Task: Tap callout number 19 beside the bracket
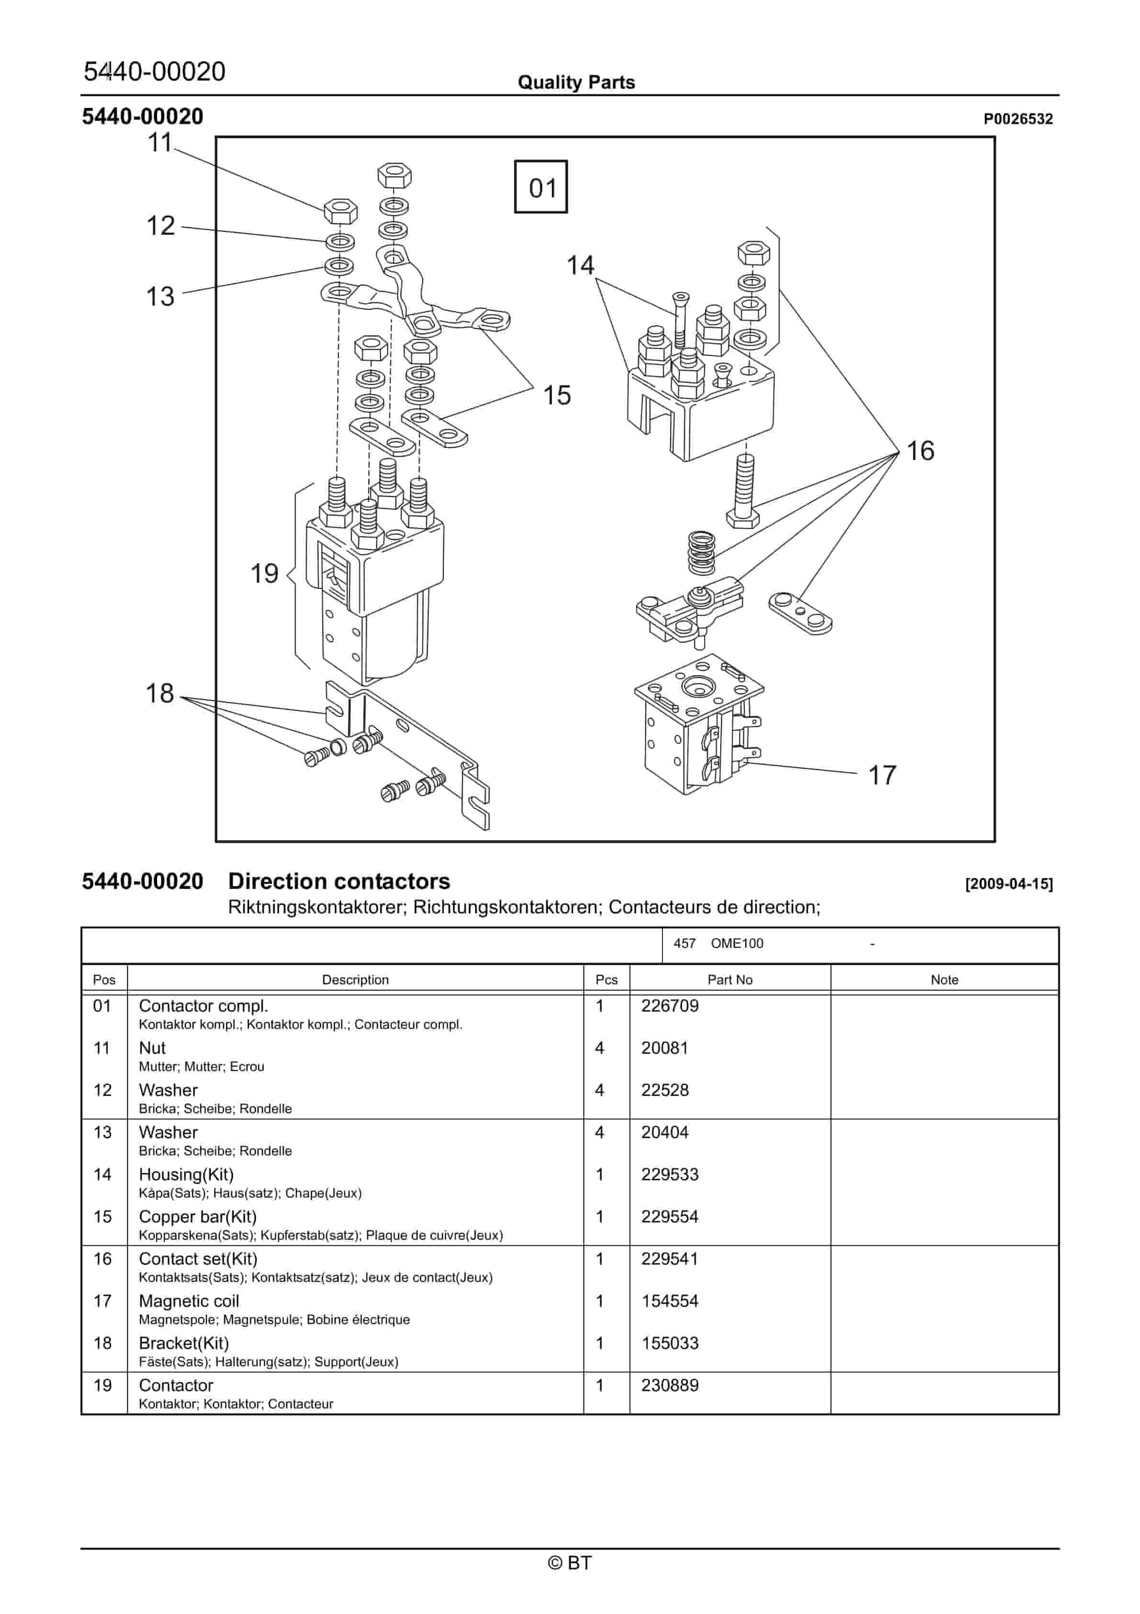(x=264, y=574)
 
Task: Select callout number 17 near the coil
(x=882, y=775)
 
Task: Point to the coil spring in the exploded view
(x=701, y=553)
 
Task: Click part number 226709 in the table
(x=669, y=1005)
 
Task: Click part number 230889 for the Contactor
(x=669, y=1385)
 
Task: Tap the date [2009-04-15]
(x=1009, y=884)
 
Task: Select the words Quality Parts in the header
(x=576, y=82)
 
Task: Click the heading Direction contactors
(x=339, y=881)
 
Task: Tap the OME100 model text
(x=737, y=944)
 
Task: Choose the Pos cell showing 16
(x=103, y=1259)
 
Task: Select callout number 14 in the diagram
(x=580, y=265)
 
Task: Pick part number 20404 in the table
(x=664, y=1132)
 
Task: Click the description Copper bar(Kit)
(x=197, y=1217)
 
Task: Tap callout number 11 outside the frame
(x=160, y=143)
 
